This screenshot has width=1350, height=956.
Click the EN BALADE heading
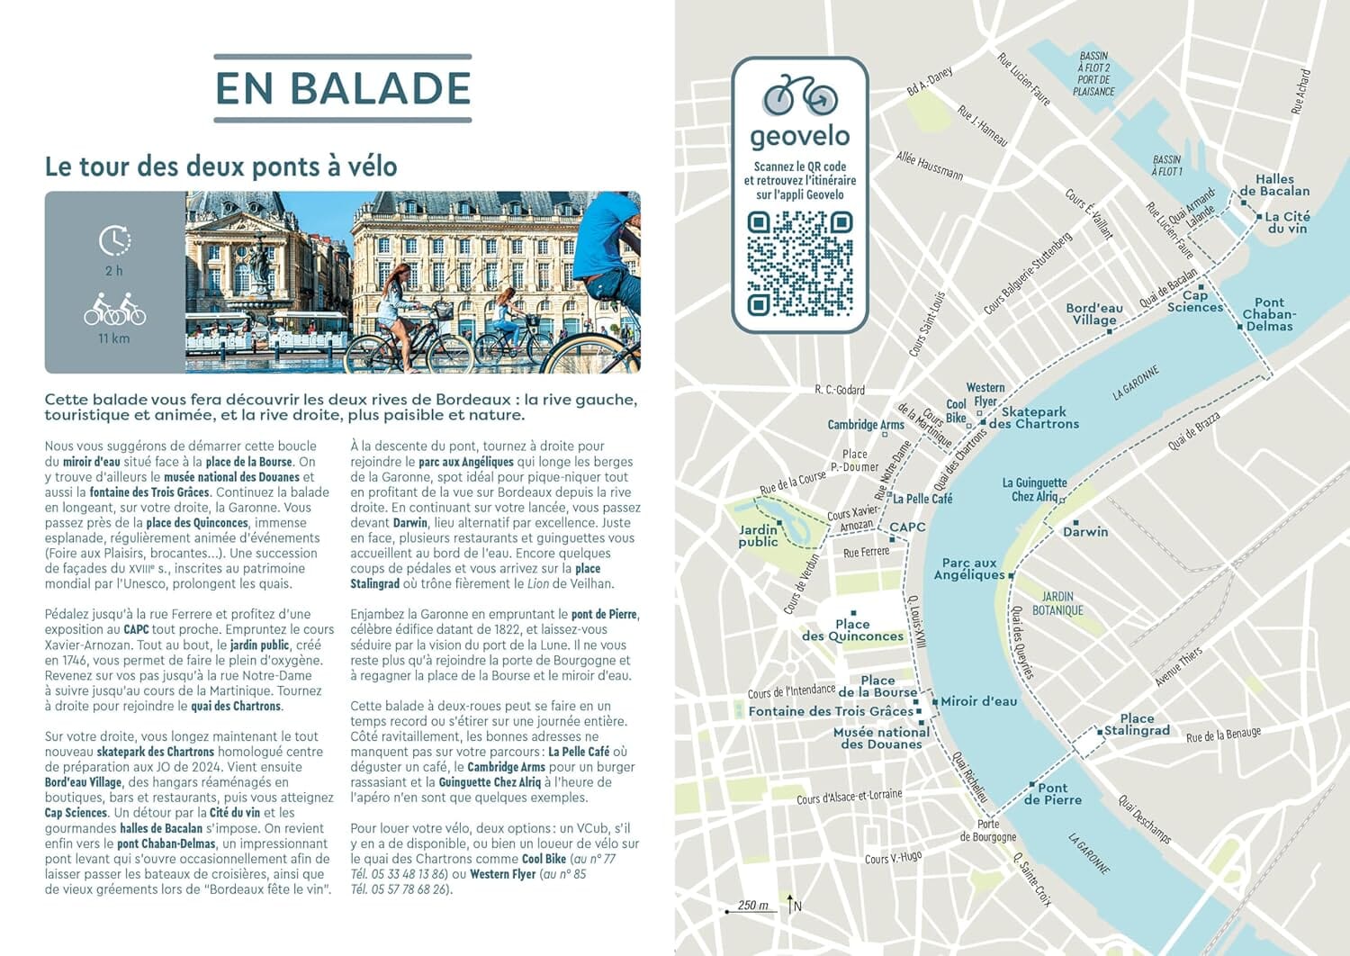[343, 88]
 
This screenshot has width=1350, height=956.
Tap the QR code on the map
[799, 263]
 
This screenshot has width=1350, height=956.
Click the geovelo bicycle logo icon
[799, 95]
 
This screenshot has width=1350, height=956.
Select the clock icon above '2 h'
[114, 240]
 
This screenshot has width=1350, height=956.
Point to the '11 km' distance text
[114, 338]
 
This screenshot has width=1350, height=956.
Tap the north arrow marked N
[792, 905]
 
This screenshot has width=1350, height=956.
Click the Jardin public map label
[758, 536]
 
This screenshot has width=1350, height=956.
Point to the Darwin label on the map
[1085, 532]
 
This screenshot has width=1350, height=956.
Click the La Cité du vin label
[1287, 222]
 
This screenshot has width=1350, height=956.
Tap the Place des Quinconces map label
[852, 630]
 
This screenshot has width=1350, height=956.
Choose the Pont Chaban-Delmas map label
[1269, 314]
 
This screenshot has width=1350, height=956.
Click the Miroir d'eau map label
[978, 701]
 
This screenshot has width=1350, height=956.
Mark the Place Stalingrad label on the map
[1137, 725]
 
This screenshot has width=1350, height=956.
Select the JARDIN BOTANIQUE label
[1057, 603]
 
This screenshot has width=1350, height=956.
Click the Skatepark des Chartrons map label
[1033, 418]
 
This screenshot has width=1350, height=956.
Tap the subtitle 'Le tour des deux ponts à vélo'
[221, 167]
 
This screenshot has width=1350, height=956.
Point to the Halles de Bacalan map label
[1274, 185]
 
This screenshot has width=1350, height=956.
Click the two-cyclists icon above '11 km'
[114, 310]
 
